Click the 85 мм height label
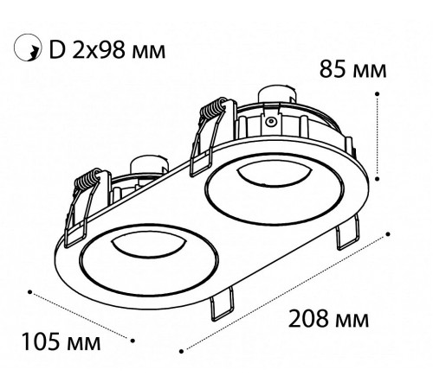tap(352, 69)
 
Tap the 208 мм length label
tap(328, 319)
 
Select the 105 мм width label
tap(61, 341)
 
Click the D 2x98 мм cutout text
tap(107, 50)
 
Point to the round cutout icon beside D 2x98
tap(28, 48)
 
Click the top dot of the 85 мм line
tap(377, 93)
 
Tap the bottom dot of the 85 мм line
tap(377, 179)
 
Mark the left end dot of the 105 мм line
tap(29, 292)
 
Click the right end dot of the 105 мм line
tap(132, 341)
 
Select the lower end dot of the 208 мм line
tap(181, 351)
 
